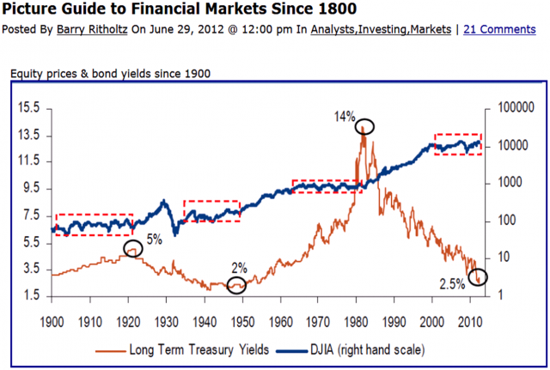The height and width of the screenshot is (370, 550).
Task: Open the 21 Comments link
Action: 500,28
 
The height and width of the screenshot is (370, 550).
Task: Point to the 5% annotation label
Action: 154,240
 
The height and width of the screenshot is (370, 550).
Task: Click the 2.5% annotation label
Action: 453,285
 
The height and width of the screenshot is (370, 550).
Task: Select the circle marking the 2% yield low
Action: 236,285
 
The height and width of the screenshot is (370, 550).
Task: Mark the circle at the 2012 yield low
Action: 477,276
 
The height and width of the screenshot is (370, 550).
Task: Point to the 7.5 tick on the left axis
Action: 31,215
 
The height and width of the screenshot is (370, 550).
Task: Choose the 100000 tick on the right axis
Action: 508,108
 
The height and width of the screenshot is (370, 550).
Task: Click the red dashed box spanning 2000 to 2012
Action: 457,144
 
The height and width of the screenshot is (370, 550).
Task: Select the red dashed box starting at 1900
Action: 94,224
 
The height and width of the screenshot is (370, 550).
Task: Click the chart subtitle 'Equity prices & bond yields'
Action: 95,73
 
